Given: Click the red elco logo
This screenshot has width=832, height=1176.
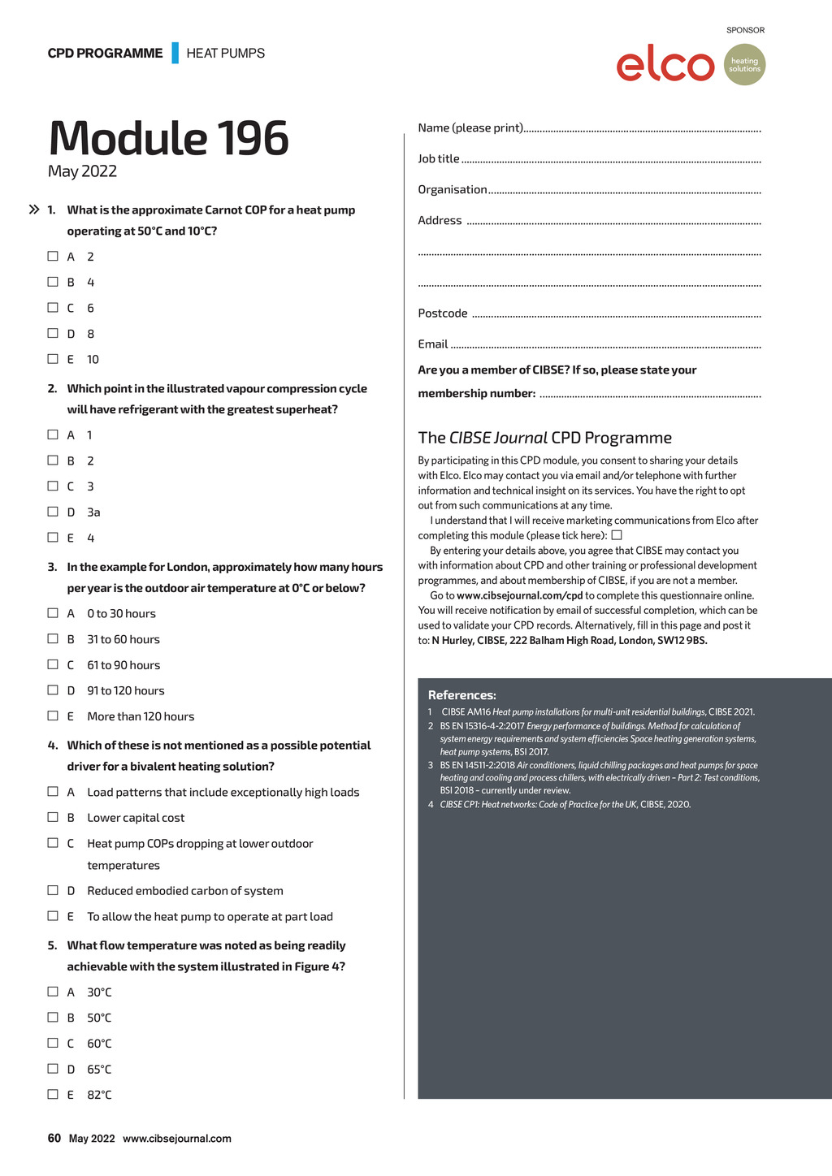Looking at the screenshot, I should [x=665, y=65].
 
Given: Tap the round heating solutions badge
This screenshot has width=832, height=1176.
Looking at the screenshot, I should [x=744, y=65].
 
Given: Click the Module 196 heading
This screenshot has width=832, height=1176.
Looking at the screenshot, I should [x=169, y=138].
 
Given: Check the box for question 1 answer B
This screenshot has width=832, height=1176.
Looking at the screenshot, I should [x=53, y=282].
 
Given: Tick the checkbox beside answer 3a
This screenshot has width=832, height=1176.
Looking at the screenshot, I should [x=53, y=512].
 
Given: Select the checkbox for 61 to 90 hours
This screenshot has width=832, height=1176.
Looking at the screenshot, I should [x=53, y=664].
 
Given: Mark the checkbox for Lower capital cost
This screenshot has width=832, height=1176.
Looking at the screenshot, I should [x=53, y=817].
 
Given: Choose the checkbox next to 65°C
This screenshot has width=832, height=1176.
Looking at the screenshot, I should [x=53, y=1069].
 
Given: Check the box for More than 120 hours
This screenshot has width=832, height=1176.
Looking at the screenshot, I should [x=53, y=716].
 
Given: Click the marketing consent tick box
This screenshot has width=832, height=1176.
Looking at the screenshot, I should [x=617, y=535].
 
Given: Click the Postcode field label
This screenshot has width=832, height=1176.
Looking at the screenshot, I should [x=443, y=313].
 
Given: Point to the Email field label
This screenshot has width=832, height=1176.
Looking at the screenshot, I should [x=433, y=344].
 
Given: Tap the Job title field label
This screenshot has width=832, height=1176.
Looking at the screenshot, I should [x=439, y=159].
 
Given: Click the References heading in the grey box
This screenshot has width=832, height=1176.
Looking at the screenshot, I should [x=461, y=695].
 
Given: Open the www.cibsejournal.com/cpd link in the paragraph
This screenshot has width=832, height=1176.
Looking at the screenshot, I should [x=519, y=595].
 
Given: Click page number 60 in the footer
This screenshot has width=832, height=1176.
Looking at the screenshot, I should [x=54, y=1138].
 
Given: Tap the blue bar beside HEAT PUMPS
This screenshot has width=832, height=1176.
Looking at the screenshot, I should [x=175, y=53].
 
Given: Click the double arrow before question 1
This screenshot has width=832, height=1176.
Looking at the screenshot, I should [x=34, y=210].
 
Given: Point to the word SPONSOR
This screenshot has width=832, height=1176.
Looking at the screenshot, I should [x=745, y=30].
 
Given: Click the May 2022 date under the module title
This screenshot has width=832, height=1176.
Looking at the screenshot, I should [x=82, y=171].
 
